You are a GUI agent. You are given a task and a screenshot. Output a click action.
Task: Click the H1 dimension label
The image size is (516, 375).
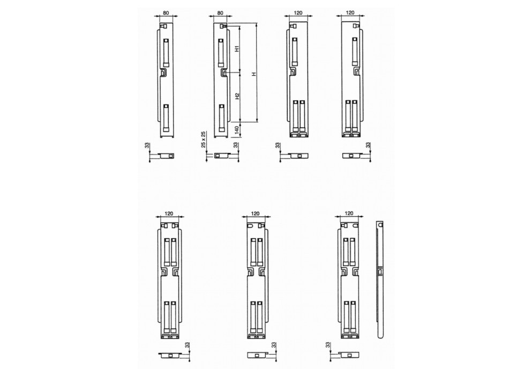click(x=237, y=49)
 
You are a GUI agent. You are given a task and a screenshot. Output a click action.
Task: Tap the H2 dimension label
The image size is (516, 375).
click(x=237, y=96)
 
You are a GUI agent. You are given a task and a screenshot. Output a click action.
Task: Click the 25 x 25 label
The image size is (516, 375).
click(x=204, y=139)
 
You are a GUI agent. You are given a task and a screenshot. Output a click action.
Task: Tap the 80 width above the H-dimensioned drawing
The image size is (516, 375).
click(x=220, y=13)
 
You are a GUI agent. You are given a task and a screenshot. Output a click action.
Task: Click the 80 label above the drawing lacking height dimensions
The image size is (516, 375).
click(x=166, y=13)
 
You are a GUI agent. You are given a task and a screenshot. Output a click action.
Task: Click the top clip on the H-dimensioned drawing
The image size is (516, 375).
click(x=223, y=26)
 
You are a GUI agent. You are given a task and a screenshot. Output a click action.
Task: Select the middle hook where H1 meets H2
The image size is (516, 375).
click(x=223, y=72)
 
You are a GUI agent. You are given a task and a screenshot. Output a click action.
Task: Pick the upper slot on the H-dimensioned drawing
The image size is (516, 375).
click(x=221, y=53)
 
